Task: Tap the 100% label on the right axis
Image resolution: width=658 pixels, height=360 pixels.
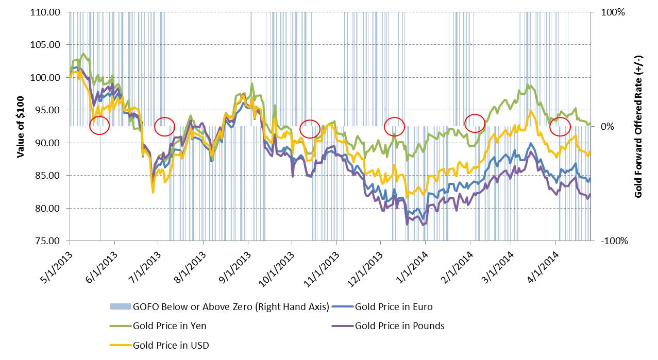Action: (613, 12)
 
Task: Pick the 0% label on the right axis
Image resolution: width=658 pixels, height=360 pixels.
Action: (608, 127)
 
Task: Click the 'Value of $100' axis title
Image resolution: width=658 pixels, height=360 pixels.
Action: (21, 126)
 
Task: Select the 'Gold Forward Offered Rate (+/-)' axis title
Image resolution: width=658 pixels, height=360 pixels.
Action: (639, 126)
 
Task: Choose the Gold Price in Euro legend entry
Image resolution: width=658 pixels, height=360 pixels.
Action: (394, 307)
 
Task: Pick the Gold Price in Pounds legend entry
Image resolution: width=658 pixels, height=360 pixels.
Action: (399, 326)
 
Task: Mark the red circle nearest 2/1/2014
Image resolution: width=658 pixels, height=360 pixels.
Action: (475, 123)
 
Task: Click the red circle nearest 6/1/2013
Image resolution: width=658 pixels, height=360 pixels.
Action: (99, 125)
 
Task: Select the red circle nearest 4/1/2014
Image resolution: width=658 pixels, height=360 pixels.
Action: (560, 126)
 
